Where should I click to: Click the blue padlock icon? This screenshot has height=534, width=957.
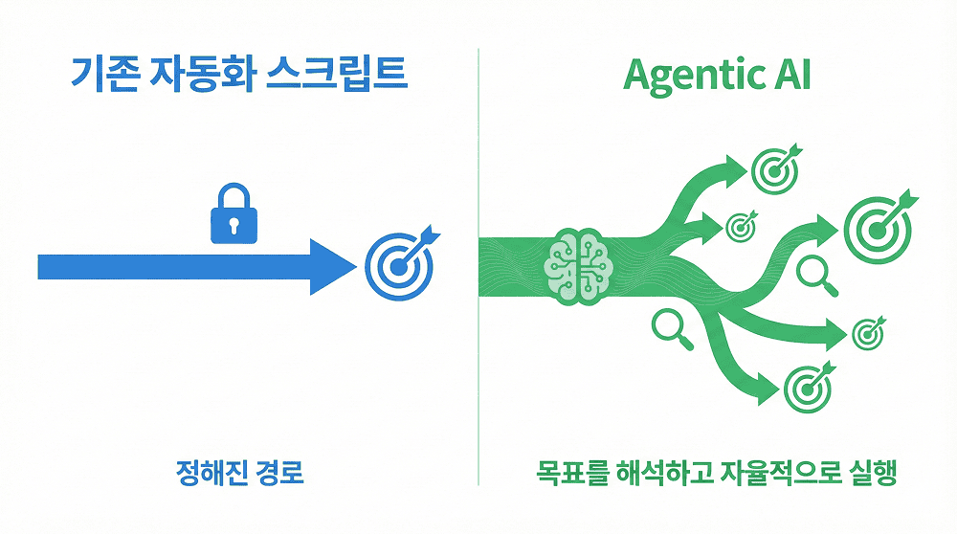coord(234,213)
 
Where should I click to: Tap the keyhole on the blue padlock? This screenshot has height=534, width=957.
coord(234,225)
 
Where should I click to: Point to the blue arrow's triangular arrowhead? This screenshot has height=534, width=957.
coord(333,267)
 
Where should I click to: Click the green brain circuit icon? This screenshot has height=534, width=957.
coord(578,267)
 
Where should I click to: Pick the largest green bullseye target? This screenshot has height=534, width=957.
coord(879,228)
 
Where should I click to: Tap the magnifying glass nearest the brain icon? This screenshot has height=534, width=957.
coord(673,329)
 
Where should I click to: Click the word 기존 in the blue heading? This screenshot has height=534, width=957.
coord(103,74)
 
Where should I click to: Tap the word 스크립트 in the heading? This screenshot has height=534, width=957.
coord(337,74)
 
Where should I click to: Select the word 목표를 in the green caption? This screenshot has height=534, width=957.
coord(572,473)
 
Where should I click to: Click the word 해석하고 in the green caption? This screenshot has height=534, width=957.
coord(663,473)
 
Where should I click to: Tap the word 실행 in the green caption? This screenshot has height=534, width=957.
coord(873,473)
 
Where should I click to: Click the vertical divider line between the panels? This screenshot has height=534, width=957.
coord(478,267)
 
